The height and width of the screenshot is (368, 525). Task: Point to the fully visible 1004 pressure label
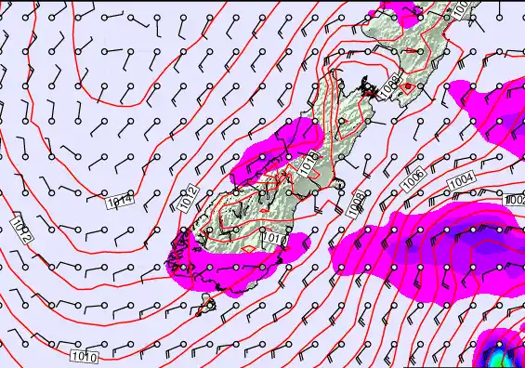[461, 178]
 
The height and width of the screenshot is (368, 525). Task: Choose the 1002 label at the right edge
[517, 200]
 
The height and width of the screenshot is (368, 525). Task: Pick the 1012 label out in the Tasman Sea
[23, 229]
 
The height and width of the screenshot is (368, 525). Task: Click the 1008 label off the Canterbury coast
[354, 204]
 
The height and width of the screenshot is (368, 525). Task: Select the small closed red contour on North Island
[407, 86]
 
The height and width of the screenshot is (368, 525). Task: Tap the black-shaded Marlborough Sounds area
[356, 90]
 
